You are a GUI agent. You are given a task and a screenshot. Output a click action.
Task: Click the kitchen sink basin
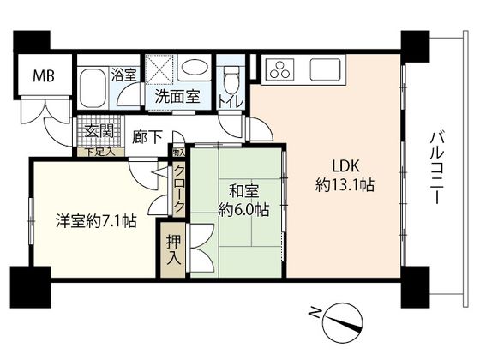click(x=326, y=66)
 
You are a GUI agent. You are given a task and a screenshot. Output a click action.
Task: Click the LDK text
click(x=335, y=165)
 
